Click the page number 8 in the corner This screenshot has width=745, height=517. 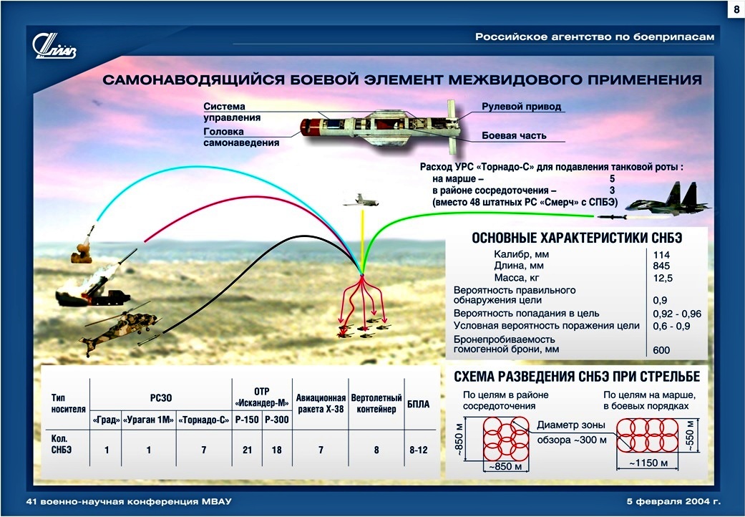coord(736,11)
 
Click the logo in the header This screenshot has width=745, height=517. coord(54,47)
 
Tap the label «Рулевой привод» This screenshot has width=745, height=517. coord(521,107)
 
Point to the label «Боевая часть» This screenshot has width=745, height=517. coord(514,135)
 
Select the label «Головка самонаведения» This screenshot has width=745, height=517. coord(241,137)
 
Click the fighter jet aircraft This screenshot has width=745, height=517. coord(668,200)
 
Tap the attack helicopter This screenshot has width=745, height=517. coord(120,329)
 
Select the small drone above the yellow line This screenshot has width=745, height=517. coord(361,201)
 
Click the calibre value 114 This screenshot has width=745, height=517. coord(661,255)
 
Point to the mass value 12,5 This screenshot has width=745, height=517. coord(663,278)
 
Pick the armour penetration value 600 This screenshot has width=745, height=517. coord(661,350)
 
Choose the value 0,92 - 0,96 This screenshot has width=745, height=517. coord(677,314)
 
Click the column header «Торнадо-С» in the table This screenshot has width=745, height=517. coord(204,420)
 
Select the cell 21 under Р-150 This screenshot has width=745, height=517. coord(247,450)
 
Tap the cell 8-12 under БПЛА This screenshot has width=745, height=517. coord(419,450)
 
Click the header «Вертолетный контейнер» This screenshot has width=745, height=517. coord(376,403)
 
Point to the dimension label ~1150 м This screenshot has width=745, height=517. coord(648,463)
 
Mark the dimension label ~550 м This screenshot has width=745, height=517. coord(691,435)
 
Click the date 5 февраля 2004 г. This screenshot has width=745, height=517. coord(673,501)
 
